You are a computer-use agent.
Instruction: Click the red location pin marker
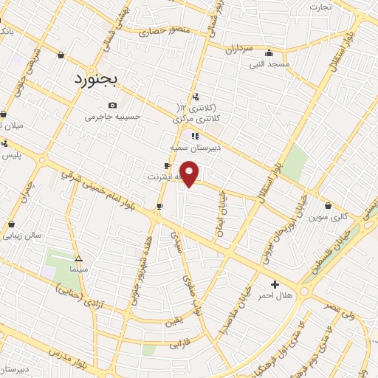[190, 173]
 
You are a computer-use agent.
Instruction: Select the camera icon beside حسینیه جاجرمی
[112, 105]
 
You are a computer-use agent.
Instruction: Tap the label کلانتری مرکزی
[197, 117]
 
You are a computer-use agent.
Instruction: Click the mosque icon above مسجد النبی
[269, 53]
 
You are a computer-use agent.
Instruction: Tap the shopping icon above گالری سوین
[327, 206]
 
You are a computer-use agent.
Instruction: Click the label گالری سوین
[327, 217]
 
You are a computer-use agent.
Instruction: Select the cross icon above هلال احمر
[275, 284]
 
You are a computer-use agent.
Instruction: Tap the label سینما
[79, 270]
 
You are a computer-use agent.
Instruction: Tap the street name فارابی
[179, 345]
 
